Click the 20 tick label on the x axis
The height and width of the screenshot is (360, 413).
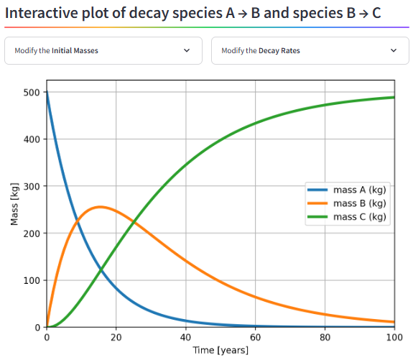[116, 337]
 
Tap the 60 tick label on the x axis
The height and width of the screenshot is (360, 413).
[255, 337]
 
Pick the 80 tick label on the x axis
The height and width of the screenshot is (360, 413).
[325, 337]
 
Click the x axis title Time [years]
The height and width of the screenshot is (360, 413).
[221, 350]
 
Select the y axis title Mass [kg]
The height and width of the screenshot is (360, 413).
[14, 204]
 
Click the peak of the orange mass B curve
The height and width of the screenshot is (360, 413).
[100, 207]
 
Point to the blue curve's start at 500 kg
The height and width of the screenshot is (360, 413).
[47, 93]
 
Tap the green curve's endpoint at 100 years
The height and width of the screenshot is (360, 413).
[394, 97]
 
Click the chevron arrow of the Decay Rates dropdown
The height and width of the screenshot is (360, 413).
[393, 51]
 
